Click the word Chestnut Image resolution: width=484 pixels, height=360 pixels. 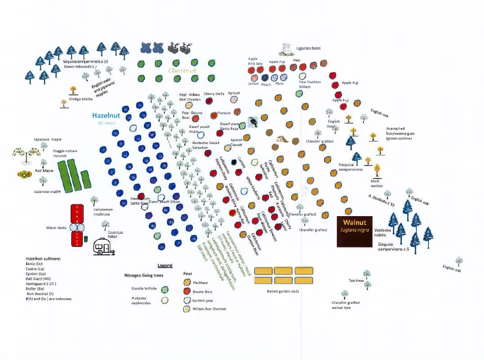182,71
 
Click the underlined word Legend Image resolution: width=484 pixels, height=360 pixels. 165,265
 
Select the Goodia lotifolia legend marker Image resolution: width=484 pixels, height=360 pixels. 164,288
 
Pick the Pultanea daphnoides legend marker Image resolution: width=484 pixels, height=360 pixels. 164,300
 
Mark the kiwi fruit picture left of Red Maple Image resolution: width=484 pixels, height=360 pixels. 23,175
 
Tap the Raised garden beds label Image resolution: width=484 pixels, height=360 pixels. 283,291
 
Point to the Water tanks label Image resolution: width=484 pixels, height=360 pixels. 56,227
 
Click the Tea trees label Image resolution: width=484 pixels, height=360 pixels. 356,280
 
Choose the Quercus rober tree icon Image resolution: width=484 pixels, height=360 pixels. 105,225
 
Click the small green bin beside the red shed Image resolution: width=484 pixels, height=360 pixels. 86,238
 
